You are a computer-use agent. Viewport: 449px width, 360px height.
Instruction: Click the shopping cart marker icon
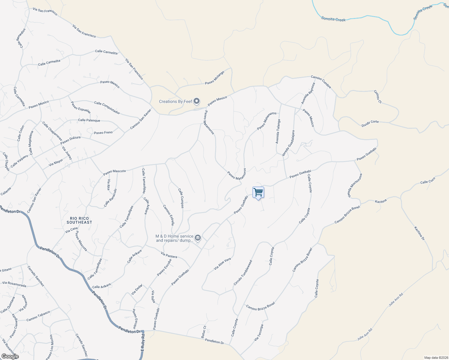click(258, 192)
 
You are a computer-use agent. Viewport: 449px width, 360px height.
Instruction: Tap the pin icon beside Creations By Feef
click(197, 101)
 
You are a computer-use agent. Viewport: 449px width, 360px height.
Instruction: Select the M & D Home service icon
click(197, 238)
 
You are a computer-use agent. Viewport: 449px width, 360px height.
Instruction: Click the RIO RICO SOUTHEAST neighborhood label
click(79, 220)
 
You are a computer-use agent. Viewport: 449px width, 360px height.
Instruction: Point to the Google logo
click(10, 356)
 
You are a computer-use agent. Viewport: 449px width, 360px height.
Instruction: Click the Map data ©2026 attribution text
click(435, 358)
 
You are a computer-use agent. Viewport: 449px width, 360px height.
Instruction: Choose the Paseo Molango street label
click(215, 78)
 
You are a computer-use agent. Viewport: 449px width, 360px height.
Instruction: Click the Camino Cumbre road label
click(321, 82)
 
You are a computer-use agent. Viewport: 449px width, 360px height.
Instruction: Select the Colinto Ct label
click(378, 97)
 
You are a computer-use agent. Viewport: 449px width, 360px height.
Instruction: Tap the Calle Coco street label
click(428, 181)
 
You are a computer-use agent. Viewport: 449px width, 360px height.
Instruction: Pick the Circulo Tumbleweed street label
click(243, 273)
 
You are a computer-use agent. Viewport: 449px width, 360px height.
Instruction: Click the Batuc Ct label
click(203, 332)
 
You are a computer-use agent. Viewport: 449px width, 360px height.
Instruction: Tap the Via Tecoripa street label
click(258, 333)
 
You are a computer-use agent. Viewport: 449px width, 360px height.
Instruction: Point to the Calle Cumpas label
click(181, 198)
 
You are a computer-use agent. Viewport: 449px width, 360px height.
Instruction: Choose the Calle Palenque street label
click(89, 120)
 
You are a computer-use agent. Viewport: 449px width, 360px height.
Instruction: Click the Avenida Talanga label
click(278, 131)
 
